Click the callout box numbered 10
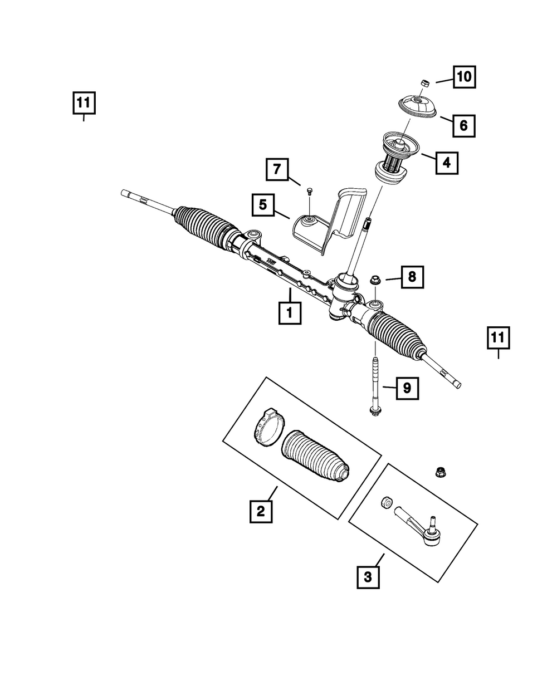pyautogui.click(x=464, y=77)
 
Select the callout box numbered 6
pyautogui.click(x=464, y=126)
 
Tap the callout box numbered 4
pyautogui.click(x=447, y=163)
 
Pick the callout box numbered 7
pyautogui.click(x=277, y=169)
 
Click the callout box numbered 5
pyautogui.click(x=263, y=205)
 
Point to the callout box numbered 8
pyautogui.click(x=412, y=277)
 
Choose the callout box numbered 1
pyautogui.click(x=290, y=313)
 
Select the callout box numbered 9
pyautogui.click(x=407, y=388)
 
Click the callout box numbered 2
pyautogui.click(x=261, y=512)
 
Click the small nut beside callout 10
pyautogui.click(x=426, y=83)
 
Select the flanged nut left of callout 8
pyautogui.click(x=375, y=280)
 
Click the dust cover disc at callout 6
pyautogui.click(x=417, y=106)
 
